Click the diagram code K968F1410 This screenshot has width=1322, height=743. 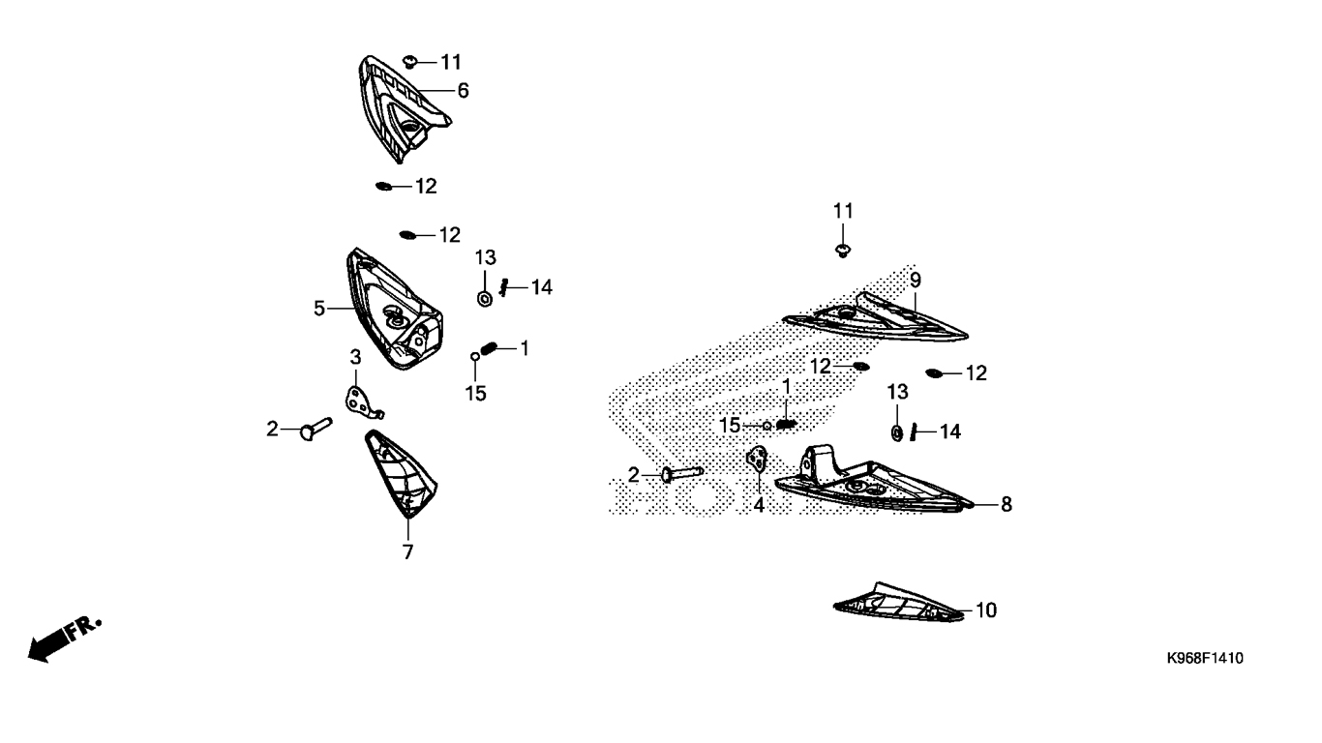click(1204, 659)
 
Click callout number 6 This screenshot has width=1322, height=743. click(463, 91)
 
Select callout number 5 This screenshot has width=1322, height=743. click(319, 309)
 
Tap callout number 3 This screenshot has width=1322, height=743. click(355, 357)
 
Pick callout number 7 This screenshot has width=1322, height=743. click(407, 552)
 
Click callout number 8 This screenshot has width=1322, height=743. click(1007, 504)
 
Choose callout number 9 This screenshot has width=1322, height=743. click(915, 281)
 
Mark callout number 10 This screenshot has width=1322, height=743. click(985, 610)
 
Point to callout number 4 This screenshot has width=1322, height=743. click(759, 504)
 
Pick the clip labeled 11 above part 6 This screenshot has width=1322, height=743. click(409, 63)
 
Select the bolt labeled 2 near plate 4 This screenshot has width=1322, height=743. click(680, 474)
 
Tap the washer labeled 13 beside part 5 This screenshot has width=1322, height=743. click(485, 297)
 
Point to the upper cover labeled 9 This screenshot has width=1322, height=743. click(876, 317)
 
